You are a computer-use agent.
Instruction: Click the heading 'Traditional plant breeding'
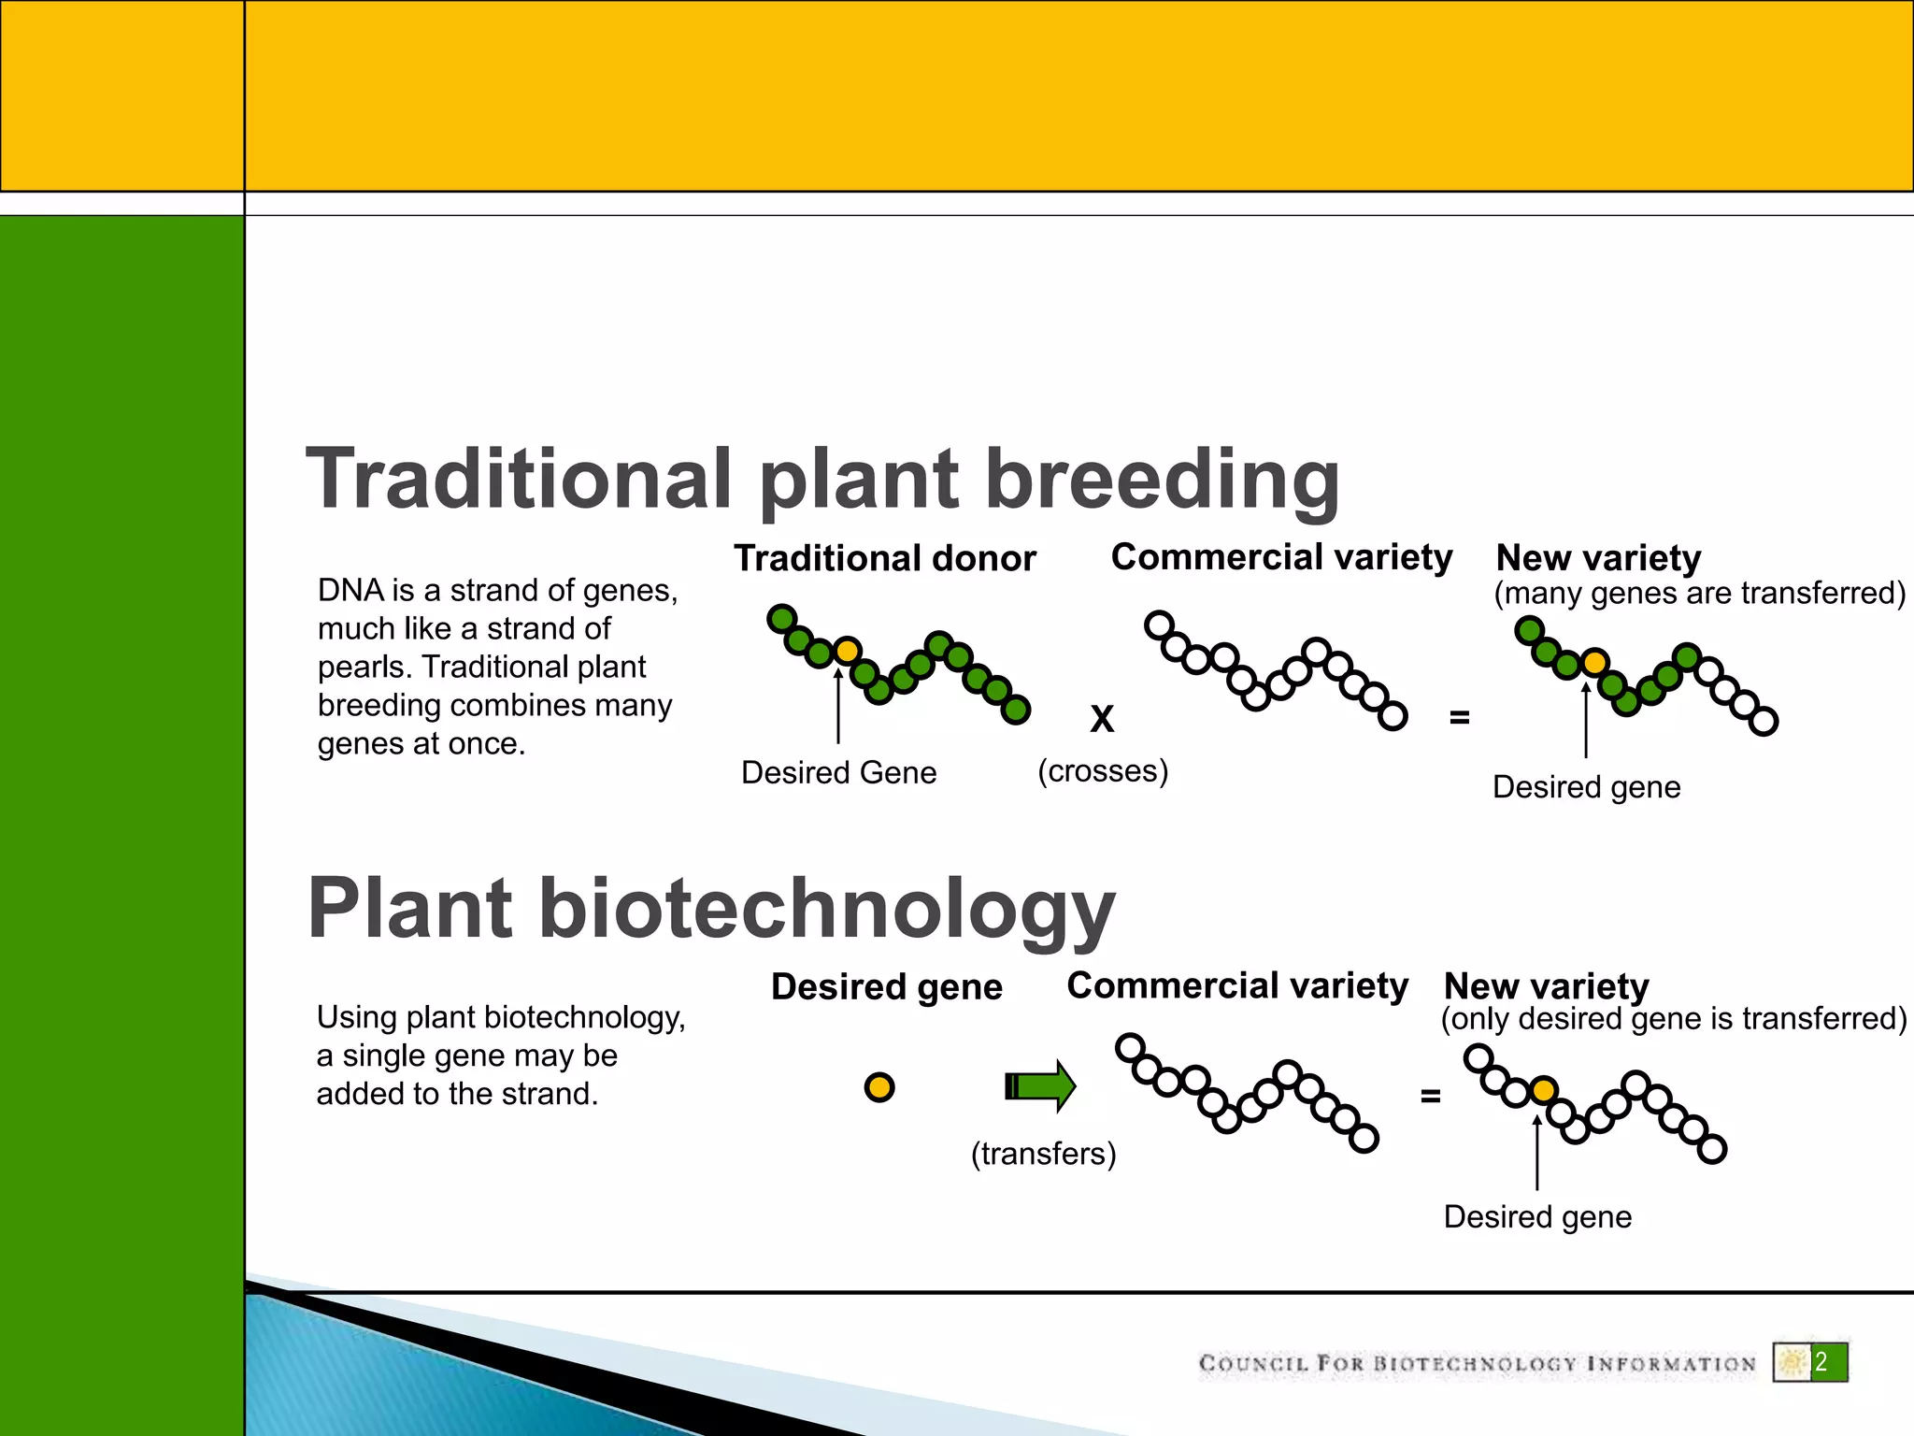(x=822, y=479)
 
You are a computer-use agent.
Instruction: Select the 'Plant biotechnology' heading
(x=710, y=908)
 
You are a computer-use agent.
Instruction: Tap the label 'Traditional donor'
(x=884, y=558)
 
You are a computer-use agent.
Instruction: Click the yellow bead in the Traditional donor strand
(x=847, y=650)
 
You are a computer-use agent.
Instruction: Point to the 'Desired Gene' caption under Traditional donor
(x=838, y=772)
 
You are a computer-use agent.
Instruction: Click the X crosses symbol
(x=1103, y=719)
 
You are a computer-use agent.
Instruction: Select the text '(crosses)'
(x=1103, y=771)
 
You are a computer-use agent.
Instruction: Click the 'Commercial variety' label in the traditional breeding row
(x=1281, y=557)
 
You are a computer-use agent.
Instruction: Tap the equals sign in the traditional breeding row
(x=1459, y=718)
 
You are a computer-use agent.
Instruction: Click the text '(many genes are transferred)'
(x=1699, y=593)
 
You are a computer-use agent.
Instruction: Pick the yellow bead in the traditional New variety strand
(x=1594, y=663)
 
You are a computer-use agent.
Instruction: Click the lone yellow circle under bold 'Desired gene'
(x=879, y=1087)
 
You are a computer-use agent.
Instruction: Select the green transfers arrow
(x=1040, y=1086)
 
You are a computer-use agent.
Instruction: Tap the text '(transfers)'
(x=1043, y=1154)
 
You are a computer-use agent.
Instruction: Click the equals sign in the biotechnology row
(x=1430, y=1096)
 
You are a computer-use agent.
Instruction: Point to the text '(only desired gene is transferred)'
(x=1673, y=1018)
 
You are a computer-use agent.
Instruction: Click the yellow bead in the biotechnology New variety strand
(x=1544, y=1090)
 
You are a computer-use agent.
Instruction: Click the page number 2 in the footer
(x=1821, y=1362)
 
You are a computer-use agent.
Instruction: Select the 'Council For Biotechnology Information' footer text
(x=1477, y=1364)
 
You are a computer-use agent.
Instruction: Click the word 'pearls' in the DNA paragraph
(x=363, y=668)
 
